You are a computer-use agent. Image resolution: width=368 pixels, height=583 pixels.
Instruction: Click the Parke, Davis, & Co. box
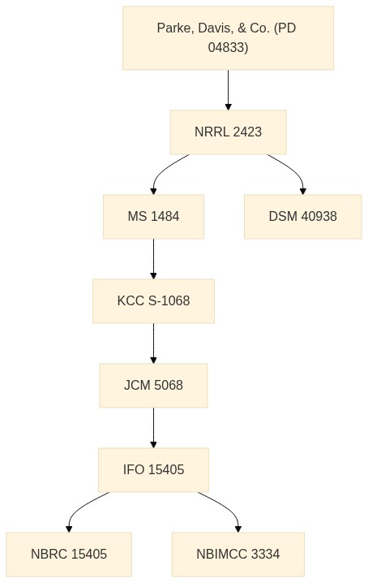tap(228, 38)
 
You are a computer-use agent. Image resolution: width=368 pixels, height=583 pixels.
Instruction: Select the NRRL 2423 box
tap(228, 132)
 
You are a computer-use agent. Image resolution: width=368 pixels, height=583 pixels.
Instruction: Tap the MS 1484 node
tap(153, 217)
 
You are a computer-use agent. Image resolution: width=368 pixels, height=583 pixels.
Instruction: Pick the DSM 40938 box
tap(302, 217)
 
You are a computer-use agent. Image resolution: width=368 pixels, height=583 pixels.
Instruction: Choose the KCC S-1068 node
tap(153, 300)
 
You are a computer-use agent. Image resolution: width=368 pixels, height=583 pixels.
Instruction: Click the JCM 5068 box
tap(153, 385)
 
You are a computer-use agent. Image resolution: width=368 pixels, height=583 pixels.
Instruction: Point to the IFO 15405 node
tap(153, 469)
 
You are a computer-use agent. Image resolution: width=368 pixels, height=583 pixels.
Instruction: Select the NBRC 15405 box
tap(69, 554)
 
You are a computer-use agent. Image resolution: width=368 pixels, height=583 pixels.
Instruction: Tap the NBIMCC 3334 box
tap(238, 554)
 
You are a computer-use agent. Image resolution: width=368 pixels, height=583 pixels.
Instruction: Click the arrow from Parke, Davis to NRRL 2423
tap(228, 90)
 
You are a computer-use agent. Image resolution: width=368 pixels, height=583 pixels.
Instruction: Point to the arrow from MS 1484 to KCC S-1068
tap(153, 259)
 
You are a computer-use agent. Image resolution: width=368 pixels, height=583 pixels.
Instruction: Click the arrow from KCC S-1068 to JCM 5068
tap(153, 343)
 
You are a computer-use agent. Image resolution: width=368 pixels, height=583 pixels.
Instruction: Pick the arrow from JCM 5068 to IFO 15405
tap(153, 428)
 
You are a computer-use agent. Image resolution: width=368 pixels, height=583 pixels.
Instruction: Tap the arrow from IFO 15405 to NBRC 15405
tap(79, 507)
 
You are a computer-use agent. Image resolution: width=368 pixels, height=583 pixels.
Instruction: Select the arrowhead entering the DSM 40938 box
tap(302, 192)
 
